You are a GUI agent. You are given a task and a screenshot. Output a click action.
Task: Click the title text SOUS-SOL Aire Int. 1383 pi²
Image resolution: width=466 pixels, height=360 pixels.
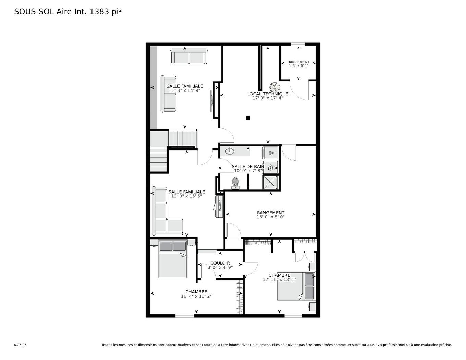(x=68, y=12)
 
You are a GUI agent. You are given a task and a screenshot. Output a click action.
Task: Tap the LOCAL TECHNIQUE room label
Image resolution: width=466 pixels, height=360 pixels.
(x=268, y=94)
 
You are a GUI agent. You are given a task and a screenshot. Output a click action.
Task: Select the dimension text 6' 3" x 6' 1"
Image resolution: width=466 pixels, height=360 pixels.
(x=298, y=65)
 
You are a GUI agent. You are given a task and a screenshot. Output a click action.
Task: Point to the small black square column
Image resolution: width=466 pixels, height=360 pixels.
(x=248, y=118)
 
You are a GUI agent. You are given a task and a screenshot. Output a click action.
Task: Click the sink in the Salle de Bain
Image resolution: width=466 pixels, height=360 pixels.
(x=230, y=151)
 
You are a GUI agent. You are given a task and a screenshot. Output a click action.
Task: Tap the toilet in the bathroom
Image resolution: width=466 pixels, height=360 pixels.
(x=235, y=182)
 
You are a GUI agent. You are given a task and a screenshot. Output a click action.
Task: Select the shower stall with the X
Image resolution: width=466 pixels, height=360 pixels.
(x=270, y=182)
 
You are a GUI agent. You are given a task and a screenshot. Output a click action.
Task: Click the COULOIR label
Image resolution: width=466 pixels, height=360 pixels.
(x=220, y=263)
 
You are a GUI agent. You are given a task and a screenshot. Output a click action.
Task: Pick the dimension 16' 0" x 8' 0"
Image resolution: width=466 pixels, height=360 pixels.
(x=271, y=217)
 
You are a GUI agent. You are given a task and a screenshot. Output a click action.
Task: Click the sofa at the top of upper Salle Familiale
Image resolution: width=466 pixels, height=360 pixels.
(x=189, y=57)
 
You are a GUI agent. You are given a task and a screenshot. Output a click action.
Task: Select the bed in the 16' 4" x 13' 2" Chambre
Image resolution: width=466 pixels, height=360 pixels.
(x=173, y=260)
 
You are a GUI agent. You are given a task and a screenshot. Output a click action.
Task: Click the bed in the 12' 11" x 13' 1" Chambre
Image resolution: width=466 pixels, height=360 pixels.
(x=295, y=286)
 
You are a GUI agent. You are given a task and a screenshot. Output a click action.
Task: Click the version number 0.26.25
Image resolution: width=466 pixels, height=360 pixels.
(x=20, y=345)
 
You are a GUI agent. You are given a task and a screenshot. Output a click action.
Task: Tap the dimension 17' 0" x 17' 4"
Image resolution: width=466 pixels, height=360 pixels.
(x=268, y=98)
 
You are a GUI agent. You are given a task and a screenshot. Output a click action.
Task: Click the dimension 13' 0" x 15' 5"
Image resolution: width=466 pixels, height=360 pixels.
(x=186, y=196)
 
